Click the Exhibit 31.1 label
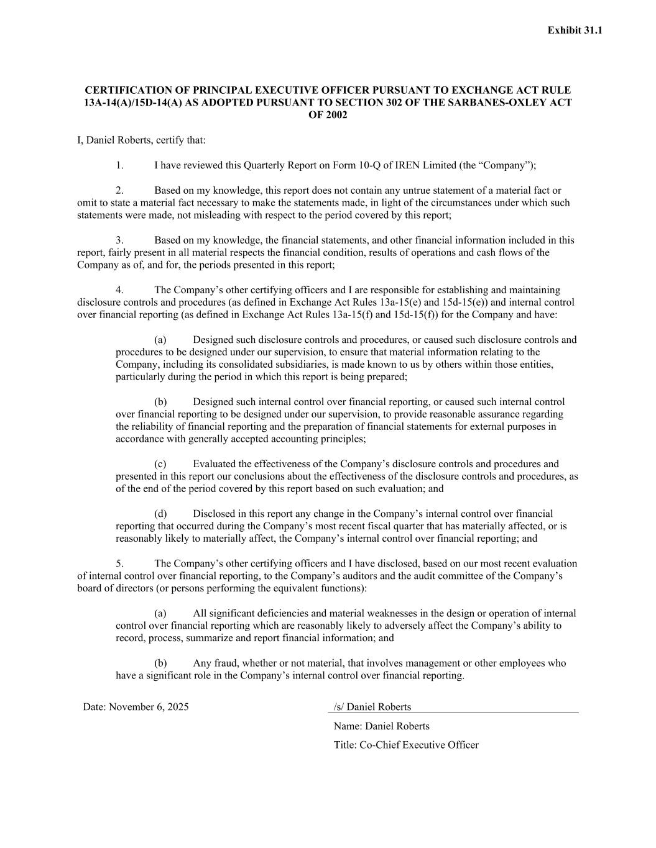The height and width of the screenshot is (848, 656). pyautogui.click(x=575, y=30)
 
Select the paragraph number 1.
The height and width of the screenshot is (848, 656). pyautogui.click(x=119, y=165)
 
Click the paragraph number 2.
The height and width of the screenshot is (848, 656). pyautogui.click(x=119, y=190)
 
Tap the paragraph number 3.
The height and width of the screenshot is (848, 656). pyautogui.click(x=119, y=240)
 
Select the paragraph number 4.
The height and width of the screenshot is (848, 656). pyautogui.click(x=119, y=290)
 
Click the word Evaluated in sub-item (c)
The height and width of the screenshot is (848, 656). pyautogui.click(x=214, y=463)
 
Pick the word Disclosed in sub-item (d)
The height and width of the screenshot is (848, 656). pyautogui.click(x=214, y=513)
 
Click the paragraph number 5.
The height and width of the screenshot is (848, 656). pyautogui.click(x=119, y=563)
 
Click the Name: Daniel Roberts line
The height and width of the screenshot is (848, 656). pyautogui.click(x=381, y=726)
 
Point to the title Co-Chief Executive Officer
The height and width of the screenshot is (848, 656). pyautogui.click(x=419, y=745)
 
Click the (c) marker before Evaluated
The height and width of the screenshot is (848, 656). pyautogui.click(x=160, y=463)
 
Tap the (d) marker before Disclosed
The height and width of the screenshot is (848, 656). pyautogui.click(x=160, y=513)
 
